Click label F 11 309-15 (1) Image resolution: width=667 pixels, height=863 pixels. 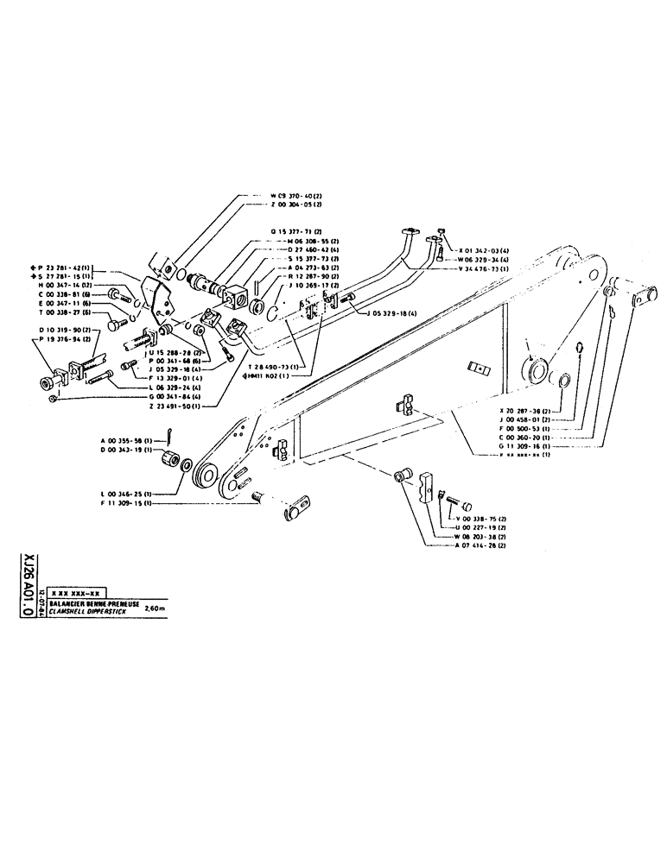pos(127,503)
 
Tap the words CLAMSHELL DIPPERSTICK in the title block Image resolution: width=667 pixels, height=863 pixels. pos(91,609)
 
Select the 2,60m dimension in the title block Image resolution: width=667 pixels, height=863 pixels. pos(156,606)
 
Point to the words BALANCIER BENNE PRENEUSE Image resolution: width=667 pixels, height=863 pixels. pos(93,602)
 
